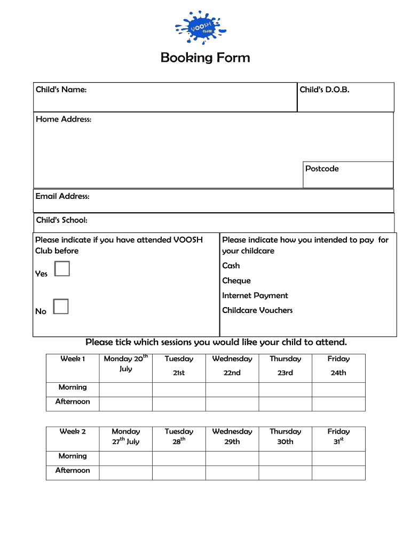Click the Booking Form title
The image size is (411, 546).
click(205, 58)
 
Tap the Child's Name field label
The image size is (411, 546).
click(61, 90)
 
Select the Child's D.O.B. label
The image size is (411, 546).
click(325, 90)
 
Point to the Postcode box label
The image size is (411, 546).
click(322, 168)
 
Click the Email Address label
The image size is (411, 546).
click(62, 196)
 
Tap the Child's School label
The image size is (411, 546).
click(61, 220)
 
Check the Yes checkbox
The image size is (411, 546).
click(62, 269)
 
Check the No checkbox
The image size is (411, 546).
click(61, 307)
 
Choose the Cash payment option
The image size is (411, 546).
click(231, 266)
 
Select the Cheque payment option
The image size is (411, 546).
click(236, 280)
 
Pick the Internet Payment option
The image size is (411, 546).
click(255, 295)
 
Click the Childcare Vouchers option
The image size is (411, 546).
click(257, 310)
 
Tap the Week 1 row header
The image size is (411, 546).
click(73, 359)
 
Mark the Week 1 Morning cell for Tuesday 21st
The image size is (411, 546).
click(179, 390)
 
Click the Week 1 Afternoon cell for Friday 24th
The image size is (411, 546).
click(338, 404)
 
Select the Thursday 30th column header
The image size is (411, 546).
click(285, 437)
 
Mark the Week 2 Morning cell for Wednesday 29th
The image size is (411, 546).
click(232, 459)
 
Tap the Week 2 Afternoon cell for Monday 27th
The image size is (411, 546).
click(125, 473)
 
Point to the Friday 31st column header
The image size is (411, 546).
click(338, 437)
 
